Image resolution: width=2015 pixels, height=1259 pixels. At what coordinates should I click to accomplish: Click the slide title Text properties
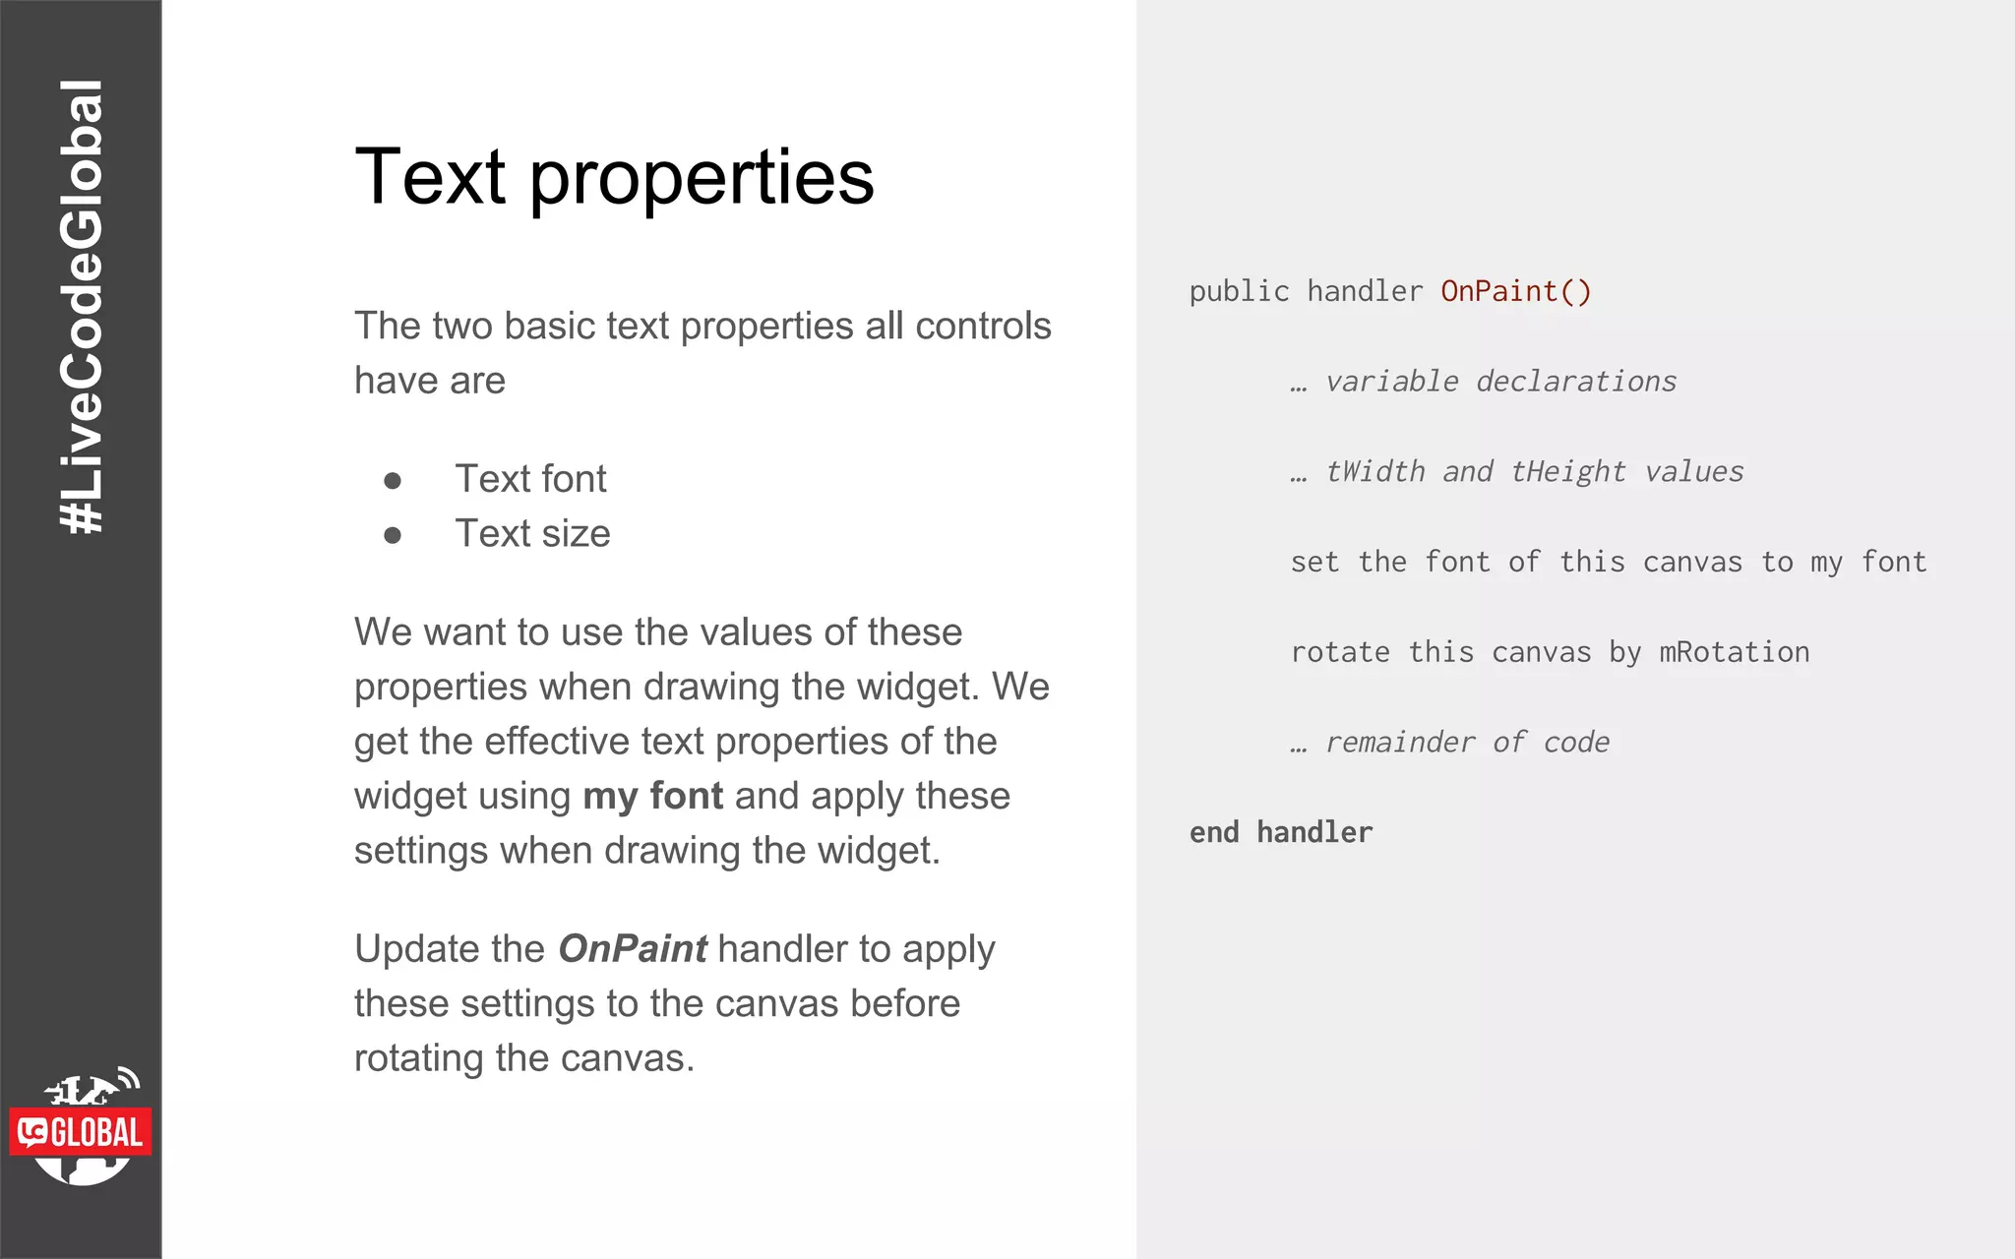pos(614,177)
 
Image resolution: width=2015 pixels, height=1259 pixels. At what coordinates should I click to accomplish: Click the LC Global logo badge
pos(82,1131)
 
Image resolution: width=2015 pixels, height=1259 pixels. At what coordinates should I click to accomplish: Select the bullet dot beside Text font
pos(393,480)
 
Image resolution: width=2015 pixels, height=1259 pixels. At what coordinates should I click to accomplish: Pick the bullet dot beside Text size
pos(393,535)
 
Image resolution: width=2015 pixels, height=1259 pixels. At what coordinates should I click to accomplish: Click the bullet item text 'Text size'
pos(532,533)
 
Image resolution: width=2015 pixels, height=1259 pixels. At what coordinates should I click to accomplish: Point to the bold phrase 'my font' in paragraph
pos(652,796)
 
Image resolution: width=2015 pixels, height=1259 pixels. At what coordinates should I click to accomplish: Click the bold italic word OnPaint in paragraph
pos(632,949)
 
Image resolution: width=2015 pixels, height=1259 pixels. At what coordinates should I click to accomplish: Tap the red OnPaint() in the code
pos(1515,291)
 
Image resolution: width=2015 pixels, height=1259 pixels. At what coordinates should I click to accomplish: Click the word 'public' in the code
pos(1239,291)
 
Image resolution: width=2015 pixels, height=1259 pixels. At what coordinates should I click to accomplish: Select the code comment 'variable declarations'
pos(1499,382)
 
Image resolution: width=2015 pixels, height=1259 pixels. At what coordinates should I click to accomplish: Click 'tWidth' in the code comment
pos(1374,472)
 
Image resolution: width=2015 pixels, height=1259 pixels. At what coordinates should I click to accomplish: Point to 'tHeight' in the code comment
pos(1567,472)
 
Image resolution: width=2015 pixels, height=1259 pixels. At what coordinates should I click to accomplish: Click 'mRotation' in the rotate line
pos(1734,652)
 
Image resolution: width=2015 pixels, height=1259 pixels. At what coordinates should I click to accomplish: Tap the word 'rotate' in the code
pos(1340,652)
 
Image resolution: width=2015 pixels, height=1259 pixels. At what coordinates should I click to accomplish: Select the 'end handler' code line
pos(1280,833)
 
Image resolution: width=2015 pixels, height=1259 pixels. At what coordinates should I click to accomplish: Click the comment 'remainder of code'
pos(1467,743)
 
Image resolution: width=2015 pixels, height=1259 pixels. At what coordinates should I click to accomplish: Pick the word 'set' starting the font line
pos(1314,562)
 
